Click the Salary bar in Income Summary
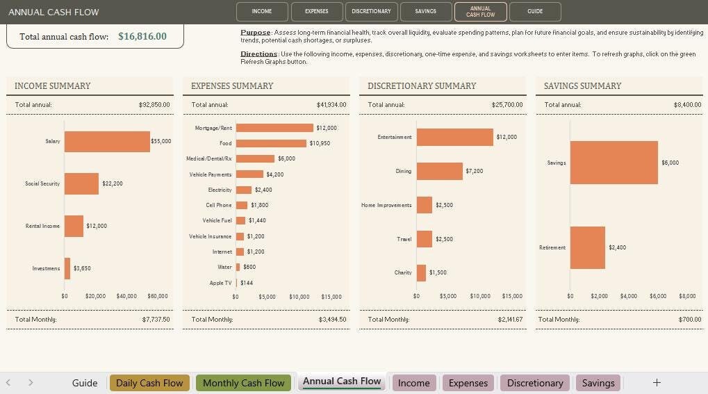(107, 141)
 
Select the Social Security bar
(81, 183)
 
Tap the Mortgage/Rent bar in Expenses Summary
(274, 128)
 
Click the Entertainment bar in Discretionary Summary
(454, 137)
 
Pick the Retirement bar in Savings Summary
(587, 247)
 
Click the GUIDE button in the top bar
(535, 11)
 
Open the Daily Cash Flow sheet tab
(149, 383)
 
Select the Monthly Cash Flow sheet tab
(243, 383)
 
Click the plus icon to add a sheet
(657, 382)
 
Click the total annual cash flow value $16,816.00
(142, 36)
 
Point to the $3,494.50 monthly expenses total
(332, 319)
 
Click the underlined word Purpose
(256, 33)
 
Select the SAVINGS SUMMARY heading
(582, 86)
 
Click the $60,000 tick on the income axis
(158, 296)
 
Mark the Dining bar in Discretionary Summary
(439, 171)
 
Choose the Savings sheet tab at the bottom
(598, 383)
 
